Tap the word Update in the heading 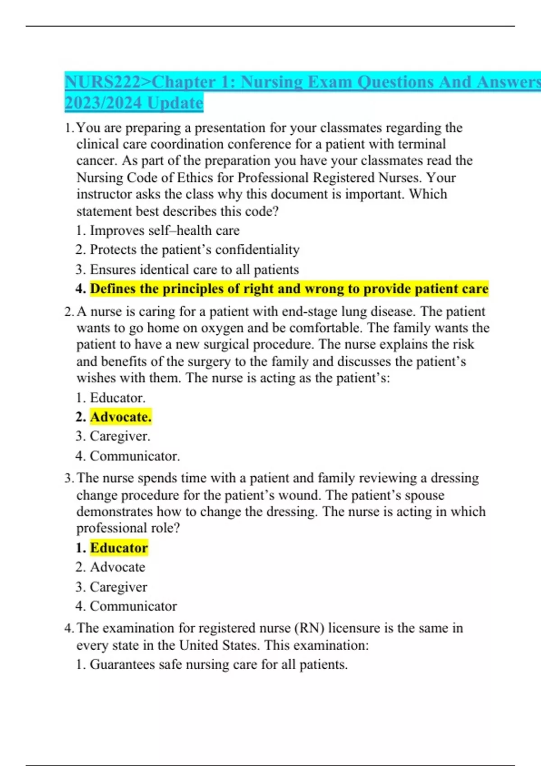(175, 103)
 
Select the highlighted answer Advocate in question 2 (120, 417)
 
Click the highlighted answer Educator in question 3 (119, 548)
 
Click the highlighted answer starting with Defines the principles (289, 289)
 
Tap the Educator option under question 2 (117, 397)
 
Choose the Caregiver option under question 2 (120, 436)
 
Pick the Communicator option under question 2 (134, 456)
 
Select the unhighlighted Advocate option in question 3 (117, 567)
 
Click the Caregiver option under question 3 (118, 587)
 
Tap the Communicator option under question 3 (133, 606)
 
